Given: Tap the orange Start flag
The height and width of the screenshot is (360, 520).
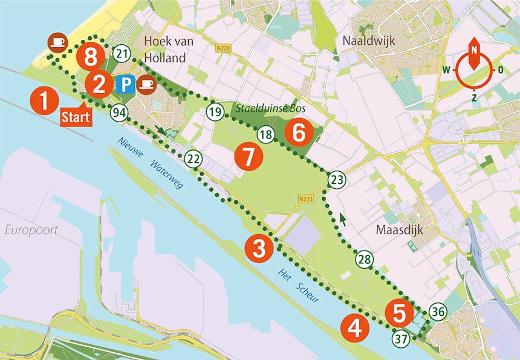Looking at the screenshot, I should click(76, 116).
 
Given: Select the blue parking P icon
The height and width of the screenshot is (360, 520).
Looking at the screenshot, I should click(125, 84).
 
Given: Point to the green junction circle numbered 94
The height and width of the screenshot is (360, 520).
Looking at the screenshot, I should click(119, 113).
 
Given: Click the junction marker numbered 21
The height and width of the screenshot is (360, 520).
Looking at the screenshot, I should click(123, 54).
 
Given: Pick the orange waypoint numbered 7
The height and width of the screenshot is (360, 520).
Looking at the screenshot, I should click(249, 157).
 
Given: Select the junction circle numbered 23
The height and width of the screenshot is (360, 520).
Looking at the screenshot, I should click(337, 180).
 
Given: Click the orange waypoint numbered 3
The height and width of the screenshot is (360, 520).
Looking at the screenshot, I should click(259, 248).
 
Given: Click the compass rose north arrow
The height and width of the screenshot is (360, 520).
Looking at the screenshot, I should click(474, 57).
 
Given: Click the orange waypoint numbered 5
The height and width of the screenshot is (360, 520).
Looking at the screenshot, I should click(399, 313).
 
